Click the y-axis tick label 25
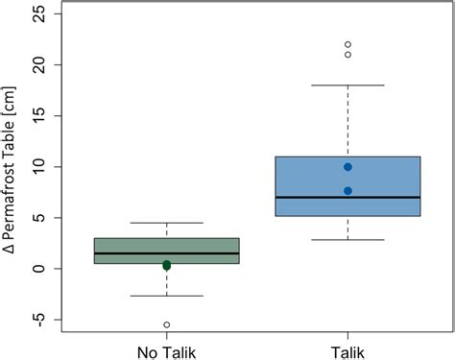39,13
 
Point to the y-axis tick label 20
39,64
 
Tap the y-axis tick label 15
39,115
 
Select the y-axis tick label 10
39,166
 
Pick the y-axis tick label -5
38,320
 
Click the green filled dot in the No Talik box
166,265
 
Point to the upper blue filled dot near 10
347,167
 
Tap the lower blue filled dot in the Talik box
347,191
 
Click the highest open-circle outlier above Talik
347,44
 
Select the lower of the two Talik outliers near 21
347,55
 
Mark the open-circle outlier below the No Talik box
167,324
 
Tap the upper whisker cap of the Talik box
347,85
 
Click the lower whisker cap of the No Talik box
167,296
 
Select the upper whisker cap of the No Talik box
167,223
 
